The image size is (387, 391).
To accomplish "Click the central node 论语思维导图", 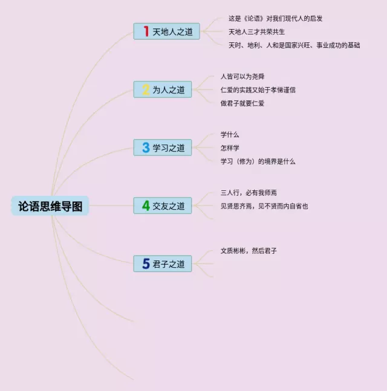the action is pos(50,206).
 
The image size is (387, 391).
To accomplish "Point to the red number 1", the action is pos(146,31).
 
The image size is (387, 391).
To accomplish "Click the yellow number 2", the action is pos(146,90).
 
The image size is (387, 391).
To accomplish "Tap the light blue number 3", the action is pos(146,147).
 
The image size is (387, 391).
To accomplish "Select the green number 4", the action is pos(146,206).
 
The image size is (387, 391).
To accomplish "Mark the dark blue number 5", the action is pos(146,264).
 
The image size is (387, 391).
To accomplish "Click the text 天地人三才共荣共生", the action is pos(256,31).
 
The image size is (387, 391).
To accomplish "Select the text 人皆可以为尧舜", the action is pos(242,77).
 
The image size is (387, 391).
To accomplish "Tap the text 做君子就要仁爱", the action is pos(242,103).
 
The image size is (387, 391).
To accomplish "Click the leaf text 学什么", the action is pos(230,135).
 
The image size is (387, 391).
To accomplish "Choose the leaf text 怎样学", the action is pos(230,148).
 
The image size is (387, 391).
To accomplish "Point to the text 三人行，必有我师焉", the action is pos(249,193).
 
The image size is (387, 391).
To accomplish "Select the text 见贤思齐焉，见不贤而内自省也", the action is pos(264,206).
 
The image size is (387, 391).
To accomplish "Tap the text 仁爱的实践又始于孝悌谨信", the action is pos(258,90).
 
